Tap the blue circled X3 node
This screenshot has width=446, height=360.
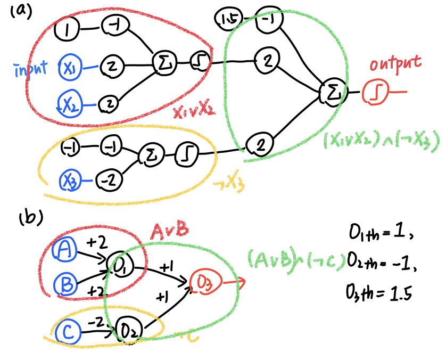70,181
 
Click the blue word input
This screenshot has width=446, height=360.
30,69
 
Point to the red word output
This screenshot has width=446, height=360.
395,64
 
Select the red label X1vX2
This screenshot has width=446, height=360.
193,112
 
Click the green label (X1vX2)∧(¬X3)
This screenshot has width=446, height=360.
381,141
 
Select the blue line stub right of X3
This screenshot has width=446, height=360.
86,181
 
